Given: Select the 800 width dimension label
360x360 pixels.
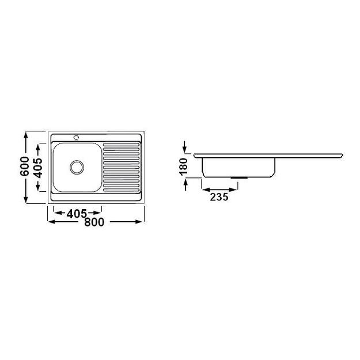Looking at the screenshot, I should click(94, 223).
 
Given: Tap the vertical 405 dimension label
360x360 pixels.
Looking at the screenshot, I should click(38, 168).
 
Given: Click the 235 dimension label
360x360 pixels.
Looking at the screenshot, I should click(219, 197).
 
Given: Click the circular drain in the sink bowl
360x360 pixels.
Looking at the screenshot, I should click(77, 167).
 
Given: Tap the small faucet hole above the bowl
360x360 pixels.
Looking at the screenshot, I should click(76, 137).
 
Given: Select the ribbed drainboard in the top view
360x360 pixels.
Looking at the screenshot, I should click(121, 166).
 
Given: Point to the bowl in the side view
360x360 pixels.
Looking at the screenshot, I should click(238, 166).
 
